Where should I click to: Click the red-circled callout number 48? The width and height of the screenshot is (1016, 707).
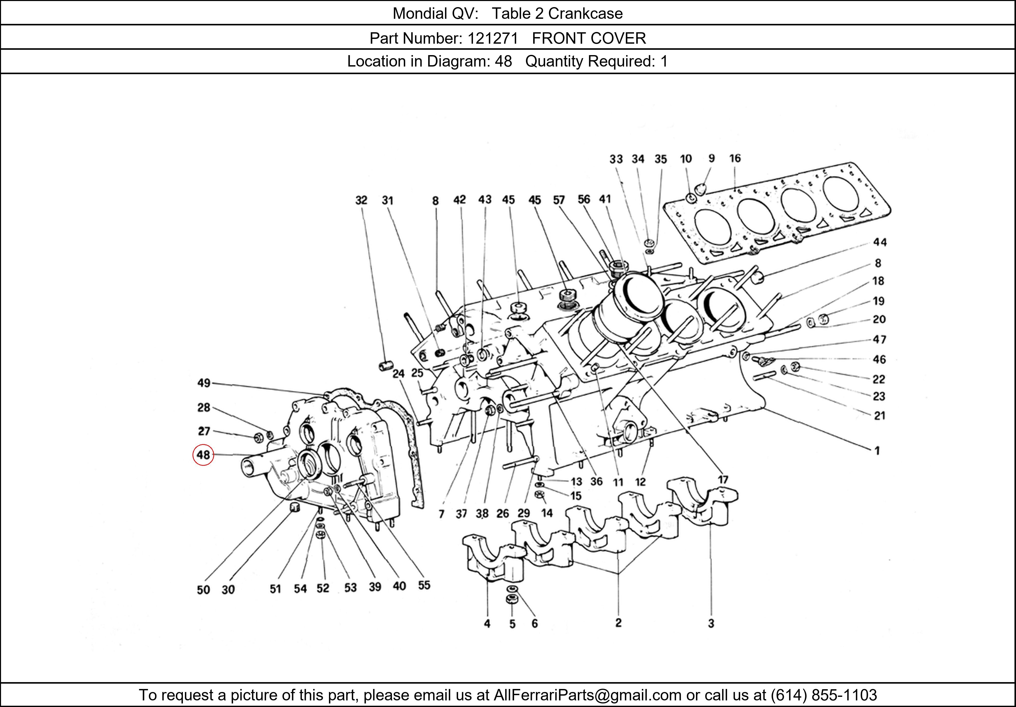(203, 455)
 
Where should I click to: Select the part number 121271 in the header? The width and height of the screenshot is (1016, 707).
(493, 39)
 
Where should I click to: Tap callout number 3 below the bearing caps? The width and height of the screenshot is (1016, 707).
(711, 623)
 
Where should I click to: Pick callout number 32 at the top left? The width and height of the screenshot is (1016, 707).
(361, 200)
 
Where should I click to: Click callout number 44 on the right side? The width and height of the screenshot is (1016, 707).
(879, 242)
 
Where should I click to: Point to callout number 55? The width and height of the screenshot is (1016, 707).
(424, 585)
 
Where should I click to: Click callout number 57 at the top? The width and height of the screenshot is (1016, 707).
(559, 200)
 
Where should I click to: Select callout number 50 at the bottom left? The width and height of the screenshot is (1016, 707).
(203, 590)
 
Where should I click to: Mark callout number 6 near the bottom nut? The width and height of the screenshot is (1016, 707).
(535, 623)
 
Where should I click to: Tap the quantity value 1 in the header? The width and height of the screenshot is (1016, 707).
(664, 61)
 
